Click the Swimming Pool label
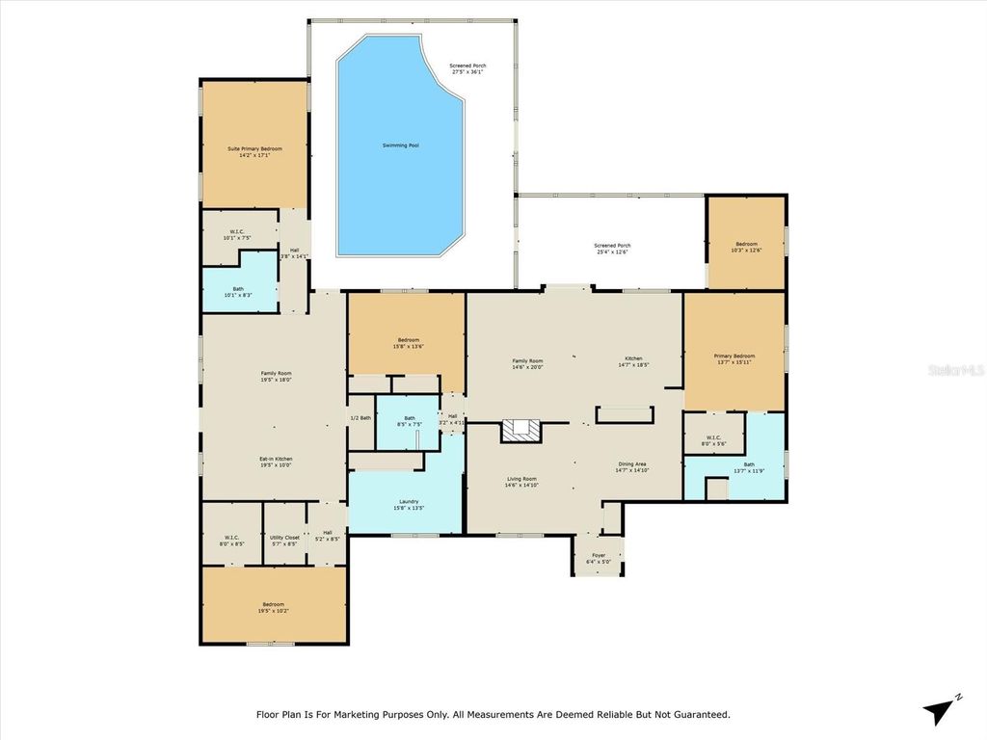click(400, 145)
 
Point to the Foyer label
click(598, 555)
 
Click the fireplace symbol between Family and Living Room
click(521, 430)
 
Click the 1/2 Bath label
click(360, 417)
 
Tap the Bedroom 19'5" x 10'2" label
click(274, 607)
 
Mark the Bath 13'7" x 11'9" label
click(748, 467)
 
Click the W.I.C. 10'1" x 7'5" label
click(236, 234)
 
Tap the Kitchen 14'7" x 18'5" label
click(633, 361)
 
